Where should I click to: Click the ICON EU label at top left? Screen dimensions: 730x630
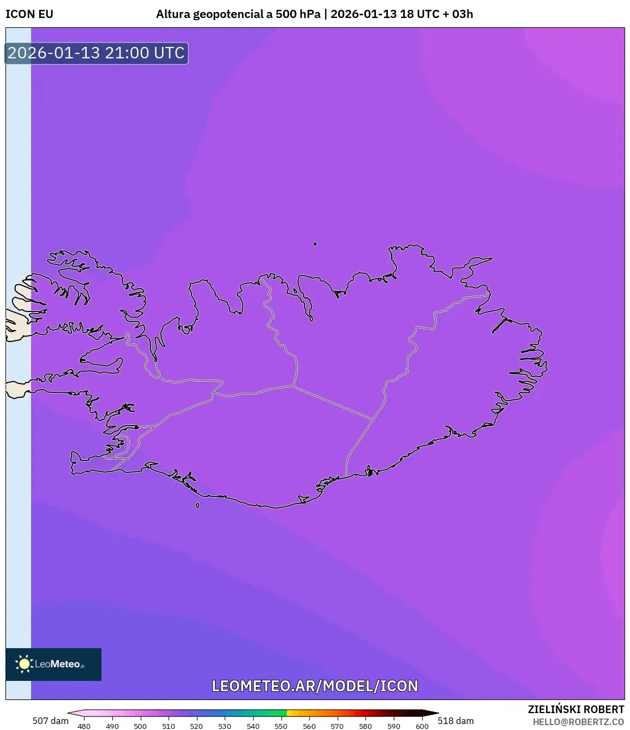coord(29,14)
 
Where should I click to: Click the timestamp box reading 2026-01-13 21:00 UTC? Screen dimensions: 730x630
coord(96,53)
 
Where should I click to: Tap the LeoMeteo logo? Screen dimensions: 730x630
coord(53,664)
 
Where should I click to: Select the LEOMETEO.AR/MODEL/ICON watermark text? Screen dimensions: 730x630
coord(315,686)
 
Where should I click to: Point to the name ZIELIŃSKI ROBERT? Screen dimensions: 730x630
coord(575,709)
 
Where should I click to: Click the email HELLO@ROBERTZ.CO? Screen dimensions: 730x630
coord(578,722)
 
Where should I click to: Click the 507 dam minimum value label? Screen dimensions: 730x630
coord(50,721)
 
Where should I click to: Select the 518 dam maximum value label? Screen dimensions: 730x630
coord(455,721)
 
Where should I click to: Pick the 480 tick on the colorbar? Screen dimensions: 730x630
coord(84,726)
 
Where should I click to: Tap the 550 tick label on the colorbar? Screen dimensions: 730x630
coord(281,726)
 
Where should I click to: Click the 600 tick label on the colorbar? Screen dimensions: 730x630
coord(422,726)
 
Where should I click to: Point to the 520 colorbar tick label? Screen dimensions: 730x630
coord(196,726)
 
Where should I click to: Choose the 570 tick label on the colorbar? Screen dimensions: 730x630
coord(337,726)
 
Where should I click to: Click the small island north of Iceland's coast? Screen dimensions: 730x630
coord(315,244)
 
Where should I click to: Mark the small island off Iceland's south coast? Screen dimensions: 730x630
coord(197,505)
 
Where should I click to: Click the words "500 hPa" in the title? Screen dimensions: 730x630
coord(298,14)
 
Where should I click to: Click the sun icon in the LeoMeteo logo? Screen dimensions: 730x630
coord(24,664)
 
